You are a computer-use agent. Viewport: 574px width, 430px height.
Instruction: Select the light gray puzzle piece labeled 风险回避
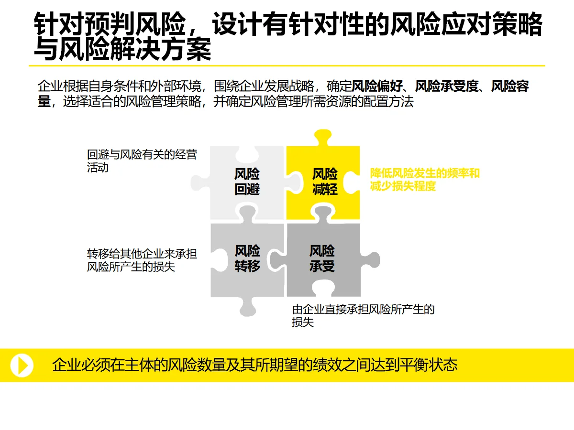[247, 182]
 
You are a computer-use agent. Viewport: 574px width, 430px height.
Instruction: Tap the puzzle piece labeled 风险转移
[247, 258]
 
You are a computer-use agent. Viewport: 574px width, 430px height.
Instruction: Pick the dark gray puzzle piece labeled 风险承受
[322, 258]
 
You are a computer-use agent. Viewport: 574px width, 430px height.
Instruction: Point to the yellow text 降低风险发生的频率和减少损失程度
[424, 180]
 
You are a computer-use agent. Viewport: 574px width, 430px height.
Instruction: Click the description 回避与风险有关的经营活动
[142, 161]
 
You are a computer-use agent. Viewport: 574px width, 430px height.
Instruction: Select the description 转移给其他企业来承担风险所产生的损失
[142, 260]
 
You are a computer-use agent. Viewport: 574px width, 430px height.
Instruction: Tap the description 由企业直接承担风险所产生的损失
[363, 316]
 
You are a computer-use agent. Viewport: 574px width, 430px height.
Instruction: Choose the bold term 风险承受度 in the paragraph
[446, 86]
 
